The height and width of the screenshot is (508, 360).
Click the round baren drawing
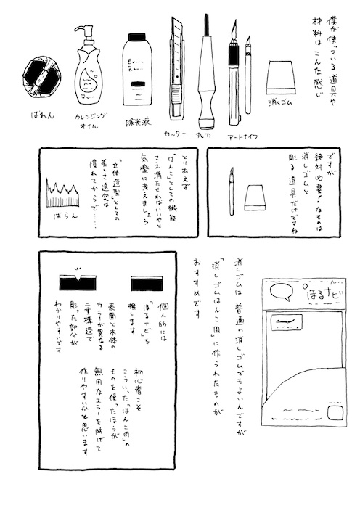pyautogui.click(x=39, y=75)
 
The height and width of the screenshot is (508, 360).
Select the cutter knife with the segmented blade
pyautogui.click(x=177, y=69)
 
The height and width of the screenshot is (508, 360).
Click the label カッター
pyautogui.click(x=176, y=135)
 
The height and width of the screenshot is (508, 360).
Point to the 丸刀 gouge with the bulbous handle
pyautogui.click(x=207, y=80)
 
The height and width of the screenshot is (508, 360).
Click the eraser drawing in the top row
pyautogui.click(x=279, y=75)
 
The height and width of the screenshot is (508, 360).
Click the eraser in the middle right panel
pyautogui.click(x=255, y=197)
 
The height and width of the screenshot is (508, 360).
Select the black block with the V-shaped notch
pyautogui.click(x=75, y=281)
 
